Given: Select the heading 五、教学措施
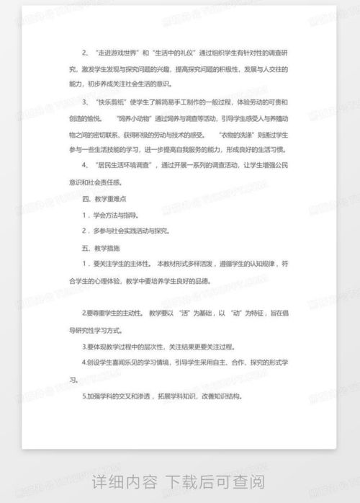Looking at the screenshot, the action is [x=99, y=248].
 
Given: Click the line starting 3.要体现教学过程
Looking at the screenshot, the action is [x=158, y=347].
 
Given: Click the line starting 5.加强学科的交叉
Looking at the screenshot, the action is [x=162, y=396].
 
